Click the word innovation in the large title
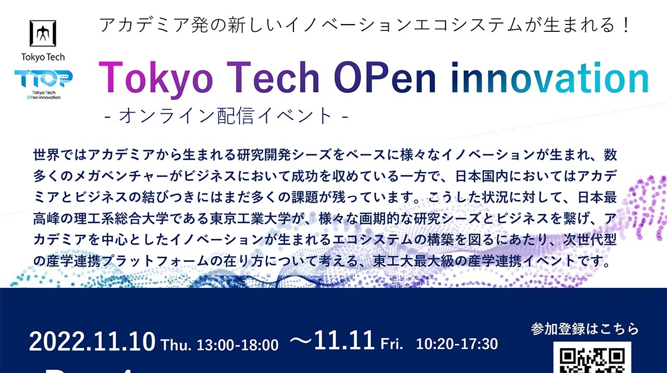550,78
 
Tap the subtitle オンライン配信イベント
226,115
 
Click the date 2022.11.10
92,342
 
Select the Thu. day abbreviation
176,345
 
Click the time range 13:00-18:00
238,345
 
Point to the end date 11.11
344,341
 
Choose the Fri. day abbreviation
392,344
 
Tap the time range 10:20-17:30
457,344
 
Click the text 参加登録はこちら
585,329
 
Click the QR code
592,358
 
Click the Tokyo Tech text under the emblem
43,57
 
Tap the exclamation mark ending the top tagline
626,25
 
